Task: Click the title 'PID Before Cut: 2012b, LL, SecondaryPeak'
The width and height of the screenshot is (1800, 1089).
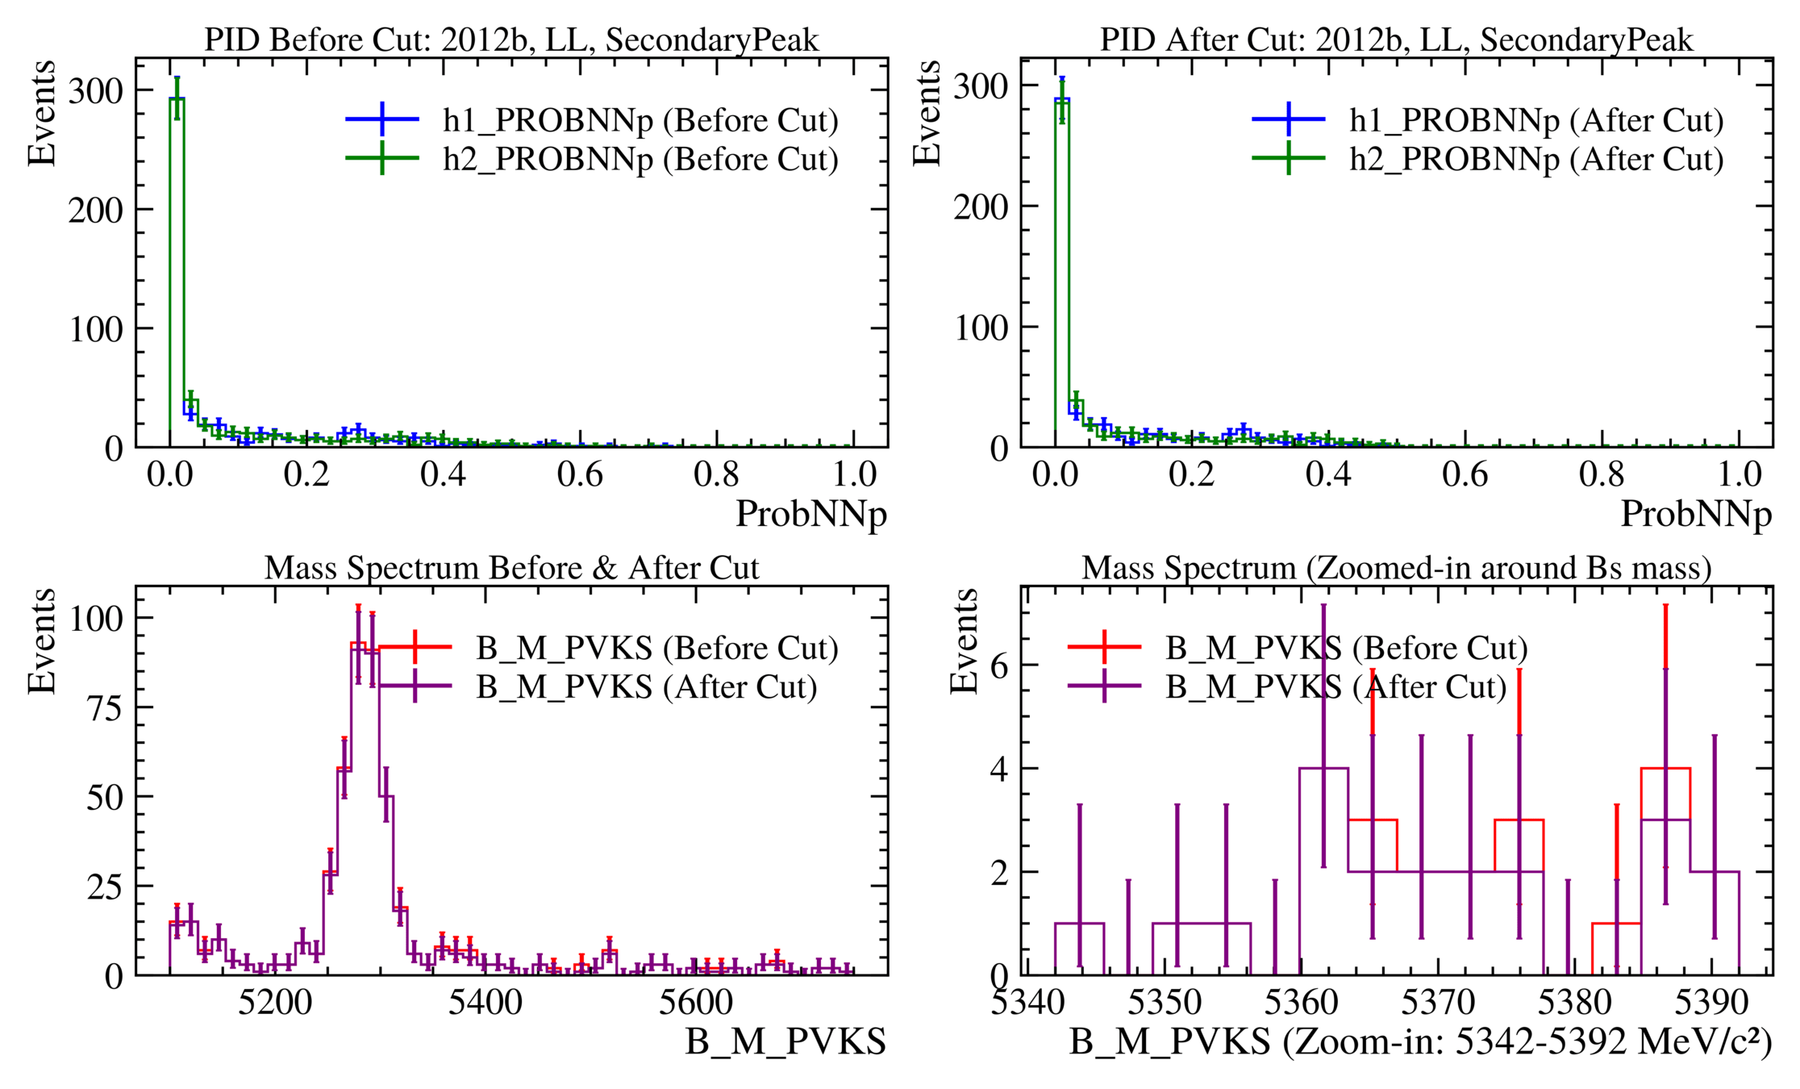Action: [x=511, y=40]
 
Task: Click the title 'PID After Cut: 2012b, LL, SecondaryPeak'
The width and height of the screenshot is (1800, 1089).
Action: [x=1396, y=40]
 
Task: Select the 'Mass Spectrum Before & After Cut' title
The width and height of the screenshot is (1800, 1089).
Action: [x=511, y=568]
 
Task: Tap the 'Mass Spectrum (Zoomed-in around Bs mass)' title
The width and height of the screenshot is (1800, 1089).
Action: [x=1396, y=568]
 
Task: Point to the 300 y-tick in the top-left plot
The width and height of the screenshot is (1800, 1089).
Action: [x=96, y=90]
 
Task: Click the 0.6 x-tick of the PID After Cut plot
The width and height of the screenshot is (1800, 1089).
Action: [x=1465, y=474]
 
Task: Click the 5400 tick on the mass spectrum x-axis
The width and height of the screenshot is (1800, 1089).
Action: [x=485, y=1002]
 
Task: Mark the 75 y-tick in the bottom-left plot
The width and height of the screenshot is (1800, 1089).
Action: [x=96, y=707]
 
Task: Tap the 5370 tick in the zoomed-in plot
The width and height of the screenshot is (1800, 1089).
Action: [x=1438, y=1002]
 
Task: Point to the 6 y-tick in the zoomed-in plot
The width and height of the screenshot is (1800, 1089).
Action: [x=999, y=665]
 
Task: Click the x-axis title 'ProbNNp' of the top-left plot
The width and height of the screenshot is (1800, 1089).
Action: [x=810, y=514]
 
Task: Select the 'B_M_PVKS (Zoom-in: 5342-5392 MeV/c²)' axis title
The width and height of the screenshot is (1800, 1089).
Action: [x=1420, y=1042]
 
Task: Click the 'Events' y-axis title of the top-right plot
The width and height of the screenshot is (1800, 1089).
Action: [x=927, y=113]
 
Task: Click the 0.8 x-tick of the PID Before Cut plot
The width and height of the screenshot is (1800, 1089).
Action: [x=717, y=474]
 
